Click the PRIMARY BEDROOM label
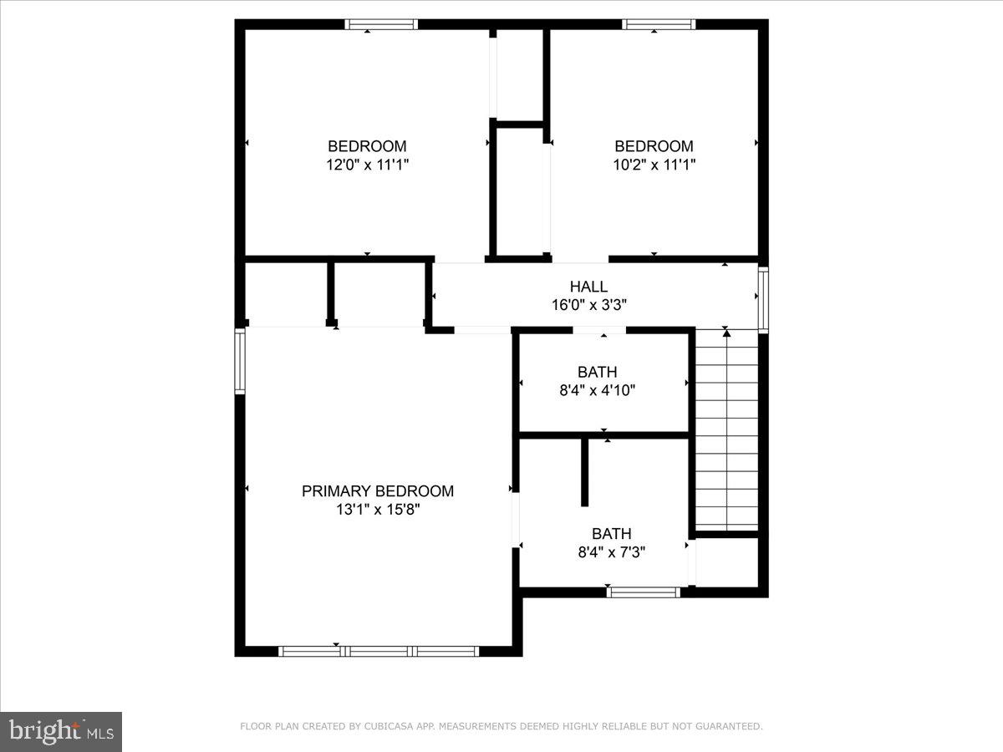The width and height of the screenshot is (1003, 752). click(378, 491)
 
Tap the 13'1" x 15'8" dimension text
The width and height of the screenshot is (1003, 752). click(378, 510)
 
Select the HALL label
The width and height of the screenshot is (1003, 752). click(588, 287)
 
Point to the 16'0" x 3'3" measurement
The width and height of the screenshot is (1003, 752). click(588, 305)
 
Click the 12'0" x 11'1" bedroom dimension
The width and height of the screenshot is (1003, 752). click(367, 165)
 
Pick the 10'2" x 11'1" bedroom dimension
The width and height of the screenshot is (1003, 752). click(654, 165)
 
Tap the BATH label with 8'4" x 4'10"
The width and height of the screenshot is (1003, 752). click(597, 372)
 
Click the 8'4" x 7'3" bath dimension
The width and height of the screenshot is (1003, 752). click(611, 551)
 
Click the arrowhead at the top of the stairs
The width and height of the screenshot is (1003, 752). click(726, 333)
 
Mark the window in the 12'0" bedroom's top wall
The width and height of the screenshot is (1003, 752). click(382, 24)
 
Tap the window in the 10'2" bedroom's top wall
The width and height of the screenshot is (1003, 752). click(659, 24)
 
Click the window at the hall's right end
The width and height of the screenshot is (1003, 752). click(762, 298)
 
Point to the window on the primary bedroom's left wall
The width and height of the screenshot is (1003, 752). click(240, 361)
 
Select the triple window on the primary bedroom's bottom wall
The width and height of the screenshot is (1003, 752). click(379, 651)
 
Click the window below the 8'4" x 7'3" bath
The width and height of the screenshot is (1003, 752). click(644, 592)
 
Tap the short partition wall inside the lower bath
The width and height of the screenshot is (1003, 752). click(584, 472)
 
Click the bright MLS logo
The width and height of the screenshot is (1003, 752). click(61, 731)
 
